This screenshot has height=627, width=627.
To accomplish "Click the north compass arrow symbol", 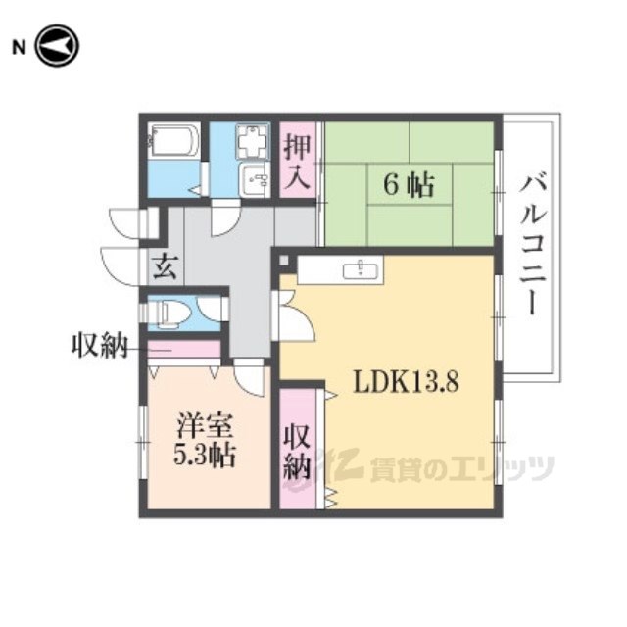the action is pyautogui.click(x=57, y=46).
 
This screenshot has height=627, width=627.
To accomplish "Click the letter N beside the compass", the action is pyautogui.click(x=19, y=48).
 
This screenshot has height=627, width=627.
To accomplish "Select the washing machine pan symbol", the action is pyautogui.click(x=253, y=142).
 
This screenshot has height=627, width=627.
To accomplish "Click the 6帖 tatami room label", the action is pyautogui.click(x=409, y=185).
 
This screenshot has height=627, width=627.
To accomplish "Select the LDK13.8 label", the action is pyautogui.click(x=405, y=382).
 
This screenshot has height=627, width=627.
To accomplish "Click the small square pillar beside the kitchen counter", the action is pyautogui.click(x=283, y=260).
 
